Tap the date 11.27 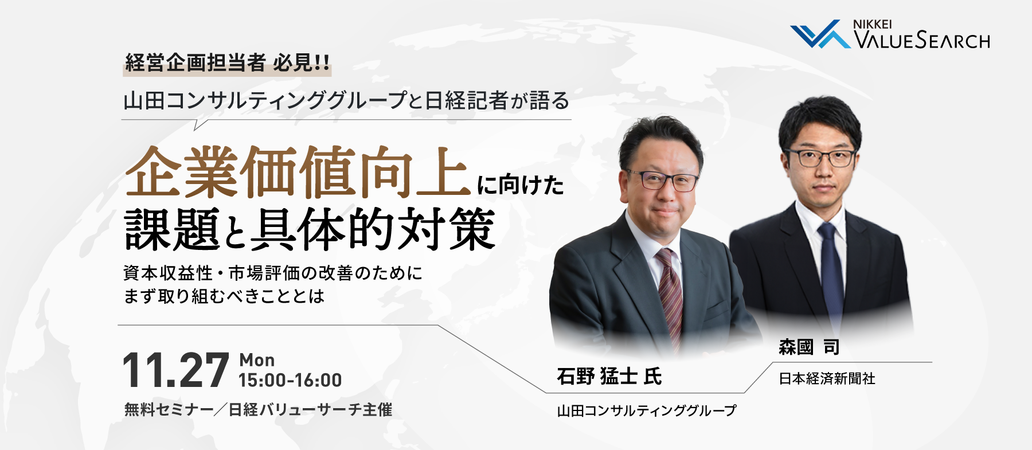tap(176, 370)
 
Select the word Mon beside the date tap(257, 360)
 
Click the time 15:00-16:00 tap(290, 380)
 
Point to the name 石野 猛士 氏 tap(609, 376)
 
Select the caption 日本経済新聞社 tap(827, 378)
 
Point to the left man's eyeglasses tap(663, 181)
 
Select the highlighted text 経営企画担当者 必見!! tap(227, 62)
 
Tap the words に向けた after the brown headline tap(521, 185)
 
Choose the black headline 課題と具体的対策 tap(310, 229)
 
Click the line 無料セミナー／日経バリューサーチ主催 tap(258, 409)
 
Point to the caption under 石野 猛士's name tap(647, 410)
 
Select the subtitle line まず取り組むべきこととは tap(224, 296)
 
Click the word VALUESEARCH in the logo tap(922, 40)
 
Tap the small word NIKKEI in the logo tap(872, 24)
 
